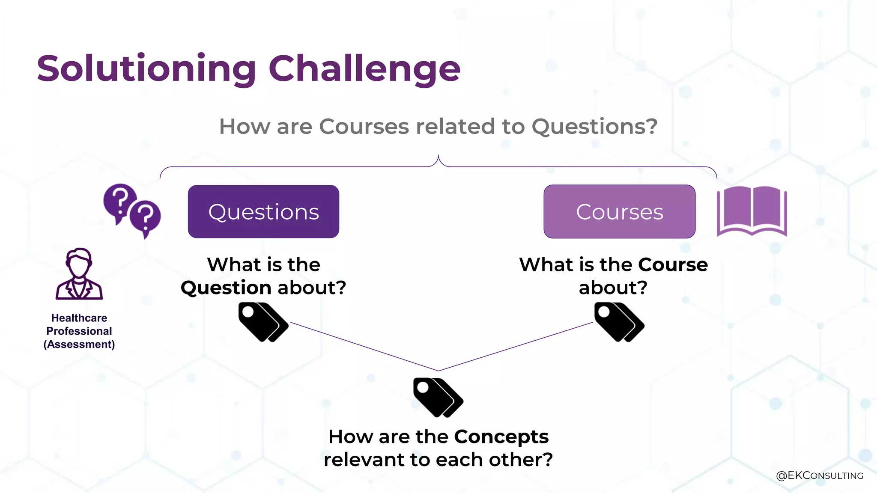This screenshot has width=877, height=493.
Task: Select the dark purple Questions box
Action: click(x=263, y=211)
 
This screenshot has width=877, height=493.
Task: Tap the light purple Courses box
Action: click(x=619, y=211)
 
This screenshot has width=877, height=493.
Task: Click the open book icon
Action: click(x=752, y=211)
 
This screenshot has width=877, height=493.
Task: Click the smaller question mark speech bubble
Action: click(x=146, y=217)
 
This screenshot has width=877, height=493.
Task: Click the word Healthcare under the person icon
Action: click(x=79, y=318)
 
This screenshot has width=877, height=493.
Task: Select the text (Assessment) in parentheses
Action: click(x=79, y=345)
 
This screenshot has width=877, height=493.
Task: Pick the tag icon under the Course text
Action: click(x=619, y=322)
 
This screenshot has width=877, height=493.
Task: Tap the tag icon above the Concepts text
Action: click(x=438, y=397)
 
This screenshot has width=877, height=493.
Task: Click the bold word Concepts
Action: click(x=501, y=437)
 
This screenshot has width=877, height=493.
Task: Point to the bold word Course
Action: click(x=673, y=264)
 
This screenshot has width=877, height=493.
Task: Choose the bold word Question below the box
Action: click(x=226, y=288)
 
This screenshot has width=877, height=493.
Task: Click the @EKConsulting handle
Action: click(x=820, y=475)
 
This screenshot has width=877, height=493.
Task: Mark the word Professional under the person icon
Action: click(x=79, y=331)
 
